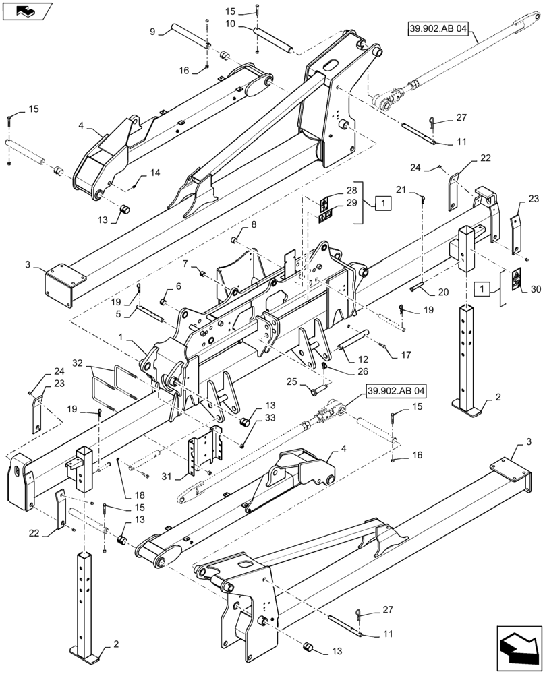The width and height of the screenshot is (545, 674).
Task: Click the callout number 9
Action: click(152, 31)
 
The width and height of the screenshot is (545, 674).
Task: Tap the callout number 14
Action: click(155, 173)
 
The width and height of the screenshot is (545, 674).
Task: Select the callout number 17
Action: click(405, 355)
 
